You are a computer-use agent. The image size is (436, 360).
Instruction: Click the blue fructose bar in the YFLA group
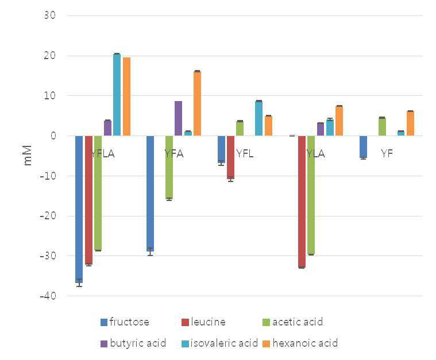79,210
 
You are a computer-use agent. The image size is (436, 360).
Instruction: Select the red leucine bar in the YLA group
302,202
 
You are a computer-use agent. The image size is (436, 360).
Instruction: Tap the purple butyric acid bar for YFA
179,118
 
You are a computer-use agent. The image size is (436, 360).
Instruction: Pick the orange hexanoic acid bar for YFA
198,103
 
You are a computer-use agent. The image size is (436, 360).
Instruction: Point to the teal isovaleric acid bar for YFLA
117,95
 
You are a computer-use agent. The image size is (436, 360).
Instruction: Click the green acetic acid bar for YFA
169,167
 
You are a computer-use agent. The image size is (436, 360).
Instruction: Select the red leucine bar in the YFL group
230,157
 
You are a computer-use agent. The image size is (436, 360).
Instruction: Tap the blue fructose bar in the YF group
363,147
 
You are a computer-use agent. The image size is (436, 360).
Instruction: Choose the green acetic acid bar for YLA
311,195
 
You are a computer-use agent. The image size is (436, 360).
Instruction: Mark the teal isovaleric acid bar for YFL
259,118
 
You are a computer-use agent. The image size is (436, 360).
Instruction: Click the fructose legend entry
125,322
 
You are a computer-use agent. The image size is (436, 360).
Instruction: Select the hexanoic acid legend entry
300,343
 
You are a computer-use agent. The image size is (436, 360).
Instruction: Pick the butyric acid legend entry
133,343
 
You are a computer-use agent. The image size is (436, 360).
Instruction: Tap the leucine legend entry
203,322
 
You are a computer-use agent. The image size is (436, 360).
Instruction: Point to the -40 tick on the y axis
48,296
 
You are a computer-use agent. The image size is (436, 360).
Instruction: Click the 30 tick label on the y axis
50,16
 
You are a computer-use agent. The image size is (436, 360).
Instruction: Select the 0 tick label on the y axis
53,136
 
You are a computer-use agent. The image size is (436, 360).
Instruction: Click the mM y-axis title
27,156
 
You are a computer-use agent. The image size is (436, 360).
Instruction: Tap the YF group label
387,153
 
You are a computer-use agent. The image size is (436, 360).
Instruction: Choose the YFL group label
245,153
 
